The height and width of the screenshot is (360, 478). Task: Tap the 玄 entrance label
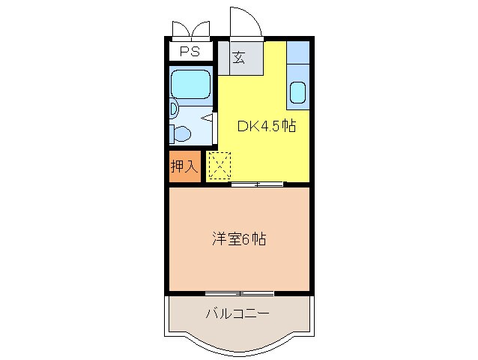(x=238, y=57)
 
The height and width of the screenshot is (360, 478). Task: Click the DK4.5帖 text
(x=266, y=126)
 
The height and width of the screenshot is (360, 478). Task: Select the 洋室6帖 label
(x=239, y=240)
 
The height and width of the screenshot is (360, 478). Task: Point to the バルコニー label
(x=238, y=313)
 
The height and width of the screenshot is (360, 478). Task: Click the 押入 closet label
(x=184, y=166)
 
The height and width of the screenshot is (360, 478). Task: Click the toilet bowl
(x=182, y=133)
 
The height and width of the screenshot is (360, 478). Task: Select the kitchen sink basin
(x=297, y=93)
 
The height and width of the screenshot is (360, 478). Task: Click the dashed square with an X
(x=220, y=166)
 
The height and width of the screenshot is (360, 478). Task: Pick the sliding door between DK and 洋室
(x=257, y=184)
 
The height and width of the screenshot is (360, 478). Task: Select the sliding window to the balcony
(x=239, y=292)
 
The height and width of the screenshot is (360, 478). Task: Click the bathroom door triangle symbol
(x=208, y=118)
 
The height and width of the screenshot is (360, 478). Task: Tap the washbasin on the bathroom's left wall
(x=174, y=109)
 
